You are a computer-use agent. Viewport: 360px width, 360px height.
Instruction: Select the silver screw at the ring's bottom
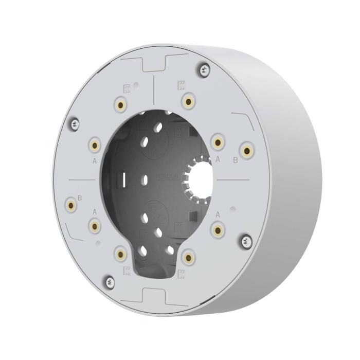pyautogui.click(x=109, y=281)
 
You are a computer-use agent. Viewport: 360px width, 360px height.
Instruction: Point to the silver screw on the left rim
pyautogui.click(x=75, y=123)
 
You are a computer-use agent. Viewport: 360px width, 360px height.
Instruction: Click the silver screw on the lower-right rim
pyautogui.click(x=246, y=240)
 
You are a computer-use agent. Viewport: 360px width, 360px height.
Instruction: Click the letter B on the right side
pyautogui.click(x=235, y=160)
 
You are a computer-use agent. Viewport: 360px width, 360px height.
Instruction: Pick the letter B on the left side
pyautogui.click(x=80, y=197)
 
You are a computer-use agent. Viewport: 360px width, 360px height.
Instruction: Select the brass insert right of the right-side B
pyautogui.click(x=247, y=150)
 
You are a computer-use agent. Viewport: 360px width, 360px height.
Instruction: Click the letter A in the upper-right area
pyautogui.click(x=218, y=160)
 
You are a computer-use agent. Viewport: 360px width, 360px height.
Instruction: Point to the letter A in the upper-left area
pyautogui.click(x=95, y=160)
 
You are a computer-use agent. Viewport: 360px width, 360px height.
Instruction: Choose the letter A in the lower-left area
pyautogui.click(x=94, y=211)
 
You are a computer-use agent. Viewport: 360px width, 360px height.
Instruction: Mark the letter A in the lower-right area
pyautogui.click(x=218, y=213)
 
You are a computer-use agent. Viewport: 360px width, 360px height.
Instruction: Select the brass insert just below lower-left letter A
pyautogui.click(x=95, y=225)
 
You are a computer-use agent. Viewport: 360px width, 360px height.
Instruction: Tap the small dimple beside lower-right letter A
pyautogui.click(x=232, y=209)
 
